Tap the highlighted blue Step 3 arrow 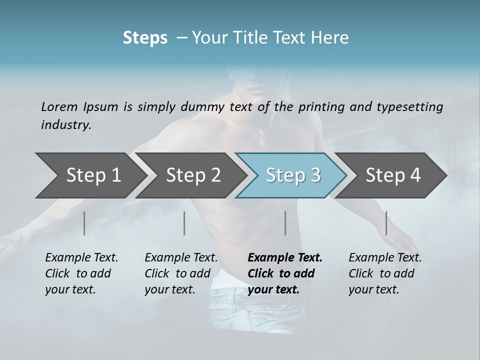293,175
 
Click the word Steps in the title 145,38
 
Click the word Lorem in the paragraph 59,107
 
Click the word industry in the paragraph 65,125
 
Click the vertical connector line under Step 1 84,223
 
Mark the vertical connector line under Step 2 184,223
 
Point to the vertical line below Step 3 285,223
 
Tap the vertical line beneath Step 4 386,223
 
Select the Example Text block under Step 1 81,273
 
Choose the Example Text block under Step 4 385,273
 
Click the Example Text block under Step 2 181,273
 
